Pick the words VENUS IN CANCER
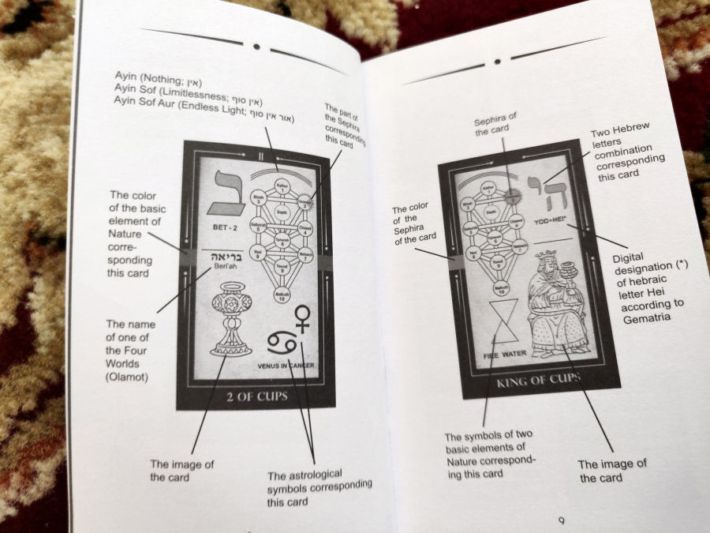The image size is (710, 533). click(291, 366)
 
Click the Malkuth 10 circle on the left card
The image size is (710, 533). click(282, 295)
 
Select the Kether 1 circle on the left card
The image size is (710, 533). click(282, 186)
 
